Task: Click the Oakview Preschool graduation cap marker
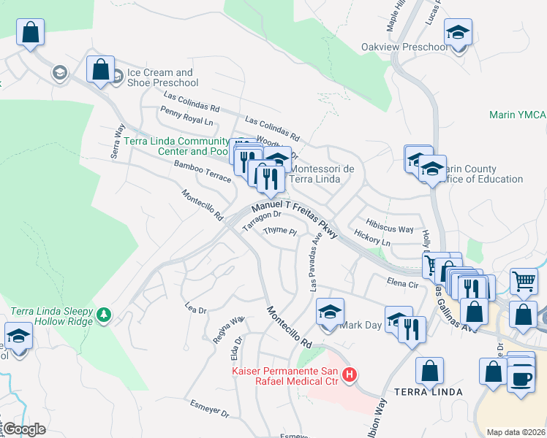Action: [459, 34]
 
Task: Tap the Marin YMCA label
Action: [518, 115]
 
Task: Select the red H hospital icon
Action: [350, 375]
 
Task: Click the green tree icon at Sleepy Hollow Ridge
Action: [105, 314]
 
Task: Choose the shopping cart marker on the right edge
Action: [524, 280]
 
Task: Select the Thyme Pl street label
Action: [279, 231]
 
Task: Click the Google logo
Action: [24, 429]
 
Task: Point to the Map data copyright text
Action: [515, 432]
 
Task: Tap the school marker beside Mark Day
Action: [331, 312]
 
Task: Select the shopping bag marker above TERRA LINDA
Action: [429, 369]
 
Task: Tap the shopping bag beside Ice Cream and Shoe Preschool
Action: [100, 69]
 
